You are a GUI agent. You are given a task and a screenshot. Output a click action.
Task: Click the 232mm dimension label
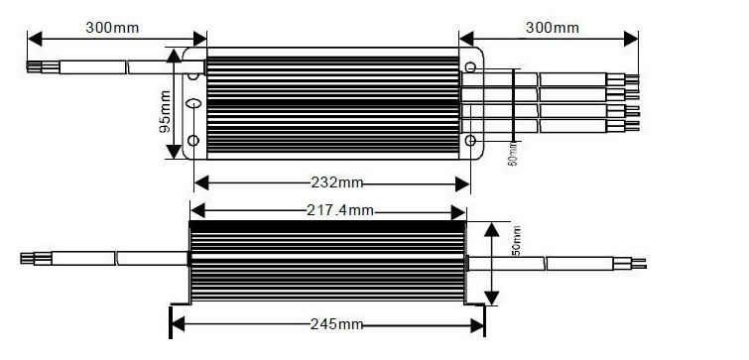click(337, 182)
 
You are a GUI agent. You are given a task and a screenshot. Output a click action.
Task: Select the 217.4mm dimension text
click(340, 210)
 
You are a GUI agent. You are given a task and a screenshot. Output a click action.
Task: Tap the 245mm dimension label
click(336, 324)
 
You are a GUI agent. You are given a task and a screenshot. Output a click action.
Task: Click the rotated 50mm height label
click(516, 241)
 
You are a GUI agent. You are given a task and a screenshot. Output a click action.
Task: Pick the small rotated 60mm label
click(513, 154)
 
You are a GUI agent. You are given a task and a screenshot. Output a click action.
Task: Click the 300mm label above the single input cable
click(112, 28)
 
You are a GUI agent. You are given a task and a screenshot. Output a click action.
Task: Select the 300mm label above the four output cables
click(553, 28)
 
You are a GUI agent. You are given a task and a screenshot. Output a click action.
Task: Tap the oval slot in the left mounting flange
click(193, 103)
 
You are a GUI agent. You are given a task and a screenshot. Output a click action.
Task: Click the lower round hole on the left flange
click(193, 141)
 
